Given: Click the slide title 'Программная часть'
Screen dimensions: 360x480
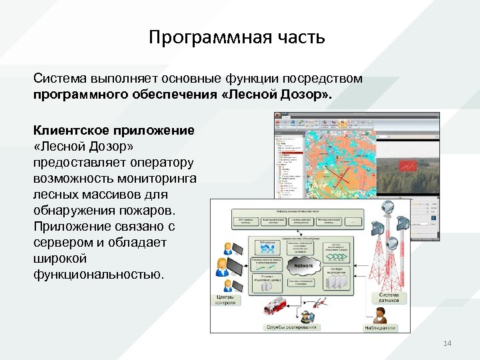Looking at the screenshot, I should pyautogui.click(x=237, y=37).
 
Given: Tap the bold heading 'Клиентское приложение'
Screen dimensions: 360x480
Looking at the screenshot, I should pyautogui.click(x=114, y=131).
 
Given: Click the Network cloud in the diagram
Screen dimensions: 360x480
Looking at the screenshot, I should pyautogui.click(x=303, y=266).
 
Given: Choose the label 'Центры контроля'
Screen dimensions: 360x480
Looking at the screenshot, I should pyautogui.click(x=225, y=299).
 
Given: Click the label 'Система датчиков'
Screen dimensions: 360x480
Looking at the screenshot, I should pyautogui.click(x=389, y=297).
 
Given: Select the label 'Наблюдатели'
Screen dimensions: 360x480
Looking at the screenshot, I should pyautogui.click(x=379, y=327).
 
